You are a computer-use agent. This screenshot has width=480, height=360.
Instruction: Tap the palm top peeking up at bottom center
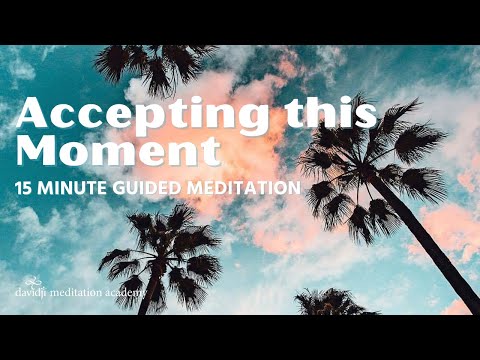[330, 302]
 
